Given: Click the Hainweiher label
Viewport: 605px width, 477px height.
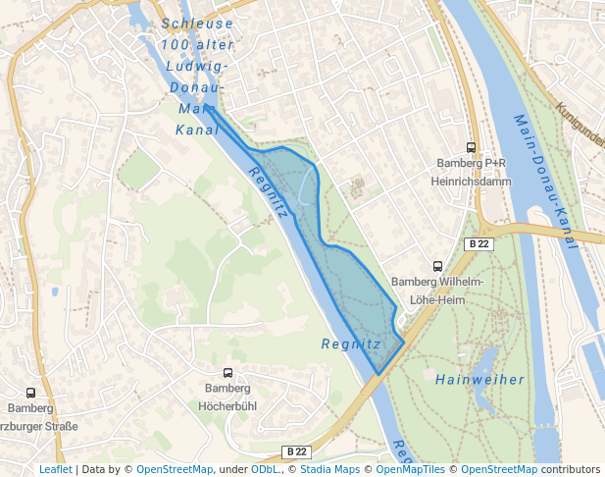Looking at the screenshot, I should click(479, 380).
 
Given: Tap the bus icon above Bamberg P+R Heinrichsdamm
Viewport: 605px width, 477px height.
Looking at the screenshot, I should click(472, 147).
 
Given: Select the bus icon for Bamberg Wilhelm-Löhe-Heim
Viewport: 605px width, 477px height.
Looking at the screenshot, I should click(437, 266).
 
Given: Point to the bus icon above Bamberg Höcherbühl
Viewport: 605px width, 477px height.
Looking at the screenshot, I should click(227, 373).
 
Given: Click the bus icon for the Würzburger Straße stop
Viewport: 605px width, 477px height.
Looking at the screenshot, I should click(30, 393).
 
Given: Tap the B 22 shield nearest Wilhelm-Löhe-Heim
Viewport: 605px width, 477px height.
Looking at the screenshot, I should click(478, 243).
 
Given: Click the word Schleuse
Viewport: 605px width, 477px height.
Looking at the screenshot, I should click(197, 24).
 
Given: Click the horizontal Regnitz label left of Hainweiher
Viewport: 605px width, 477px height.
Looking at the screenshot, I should click(350, 344).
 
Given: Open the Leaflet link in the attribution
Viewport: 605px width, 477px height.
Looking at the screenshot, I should click(55, 469).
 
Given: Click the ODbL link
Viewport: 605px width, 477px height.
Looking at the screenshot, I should click(265, 469).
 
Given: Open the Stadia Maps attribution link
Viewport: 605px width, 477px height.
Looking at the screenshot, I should click(330, 469).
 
